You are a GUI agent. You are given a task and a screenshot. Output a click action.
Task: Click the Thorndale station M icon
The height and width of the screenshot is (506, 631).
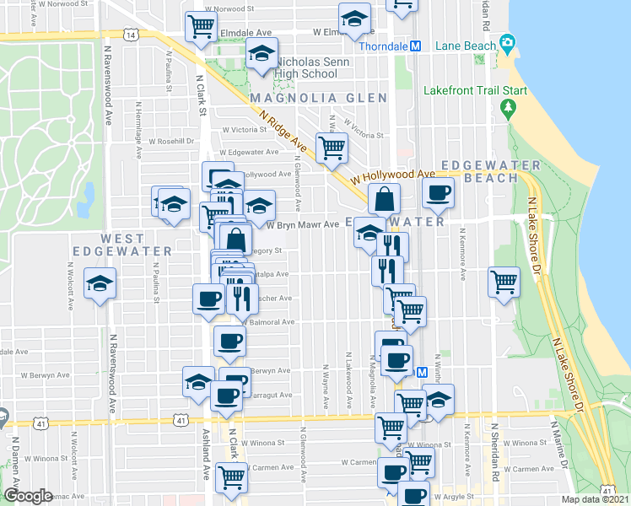point(415,46)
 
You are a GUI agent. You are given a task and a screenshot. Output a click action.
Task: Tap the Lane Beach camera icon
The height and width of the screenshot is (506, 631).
point(507,42)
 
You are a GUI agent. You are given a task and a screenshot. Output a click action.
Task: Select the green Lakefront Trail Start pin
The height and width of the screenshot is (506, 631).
point(508,108)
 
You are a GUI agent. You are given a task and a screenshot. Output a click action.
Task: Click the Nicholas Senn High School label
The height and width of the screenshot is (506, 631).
point(307,67)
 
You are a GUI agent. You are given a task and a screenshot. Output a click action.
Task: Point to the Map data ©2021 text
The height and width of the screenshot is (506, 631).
point(595,499)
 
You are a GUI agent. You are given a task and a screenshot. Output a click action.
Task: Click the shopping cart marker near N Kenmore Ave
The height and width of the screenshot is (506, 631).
point(504,282)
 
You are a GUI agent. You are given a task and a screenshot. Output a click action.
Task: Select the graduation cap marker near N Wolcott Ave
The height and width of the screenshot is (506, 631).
point(101,284)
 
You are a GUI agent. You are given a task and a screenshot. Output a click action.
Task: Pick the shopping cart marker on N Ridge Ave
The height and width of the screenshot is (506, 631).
point(332,148)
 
